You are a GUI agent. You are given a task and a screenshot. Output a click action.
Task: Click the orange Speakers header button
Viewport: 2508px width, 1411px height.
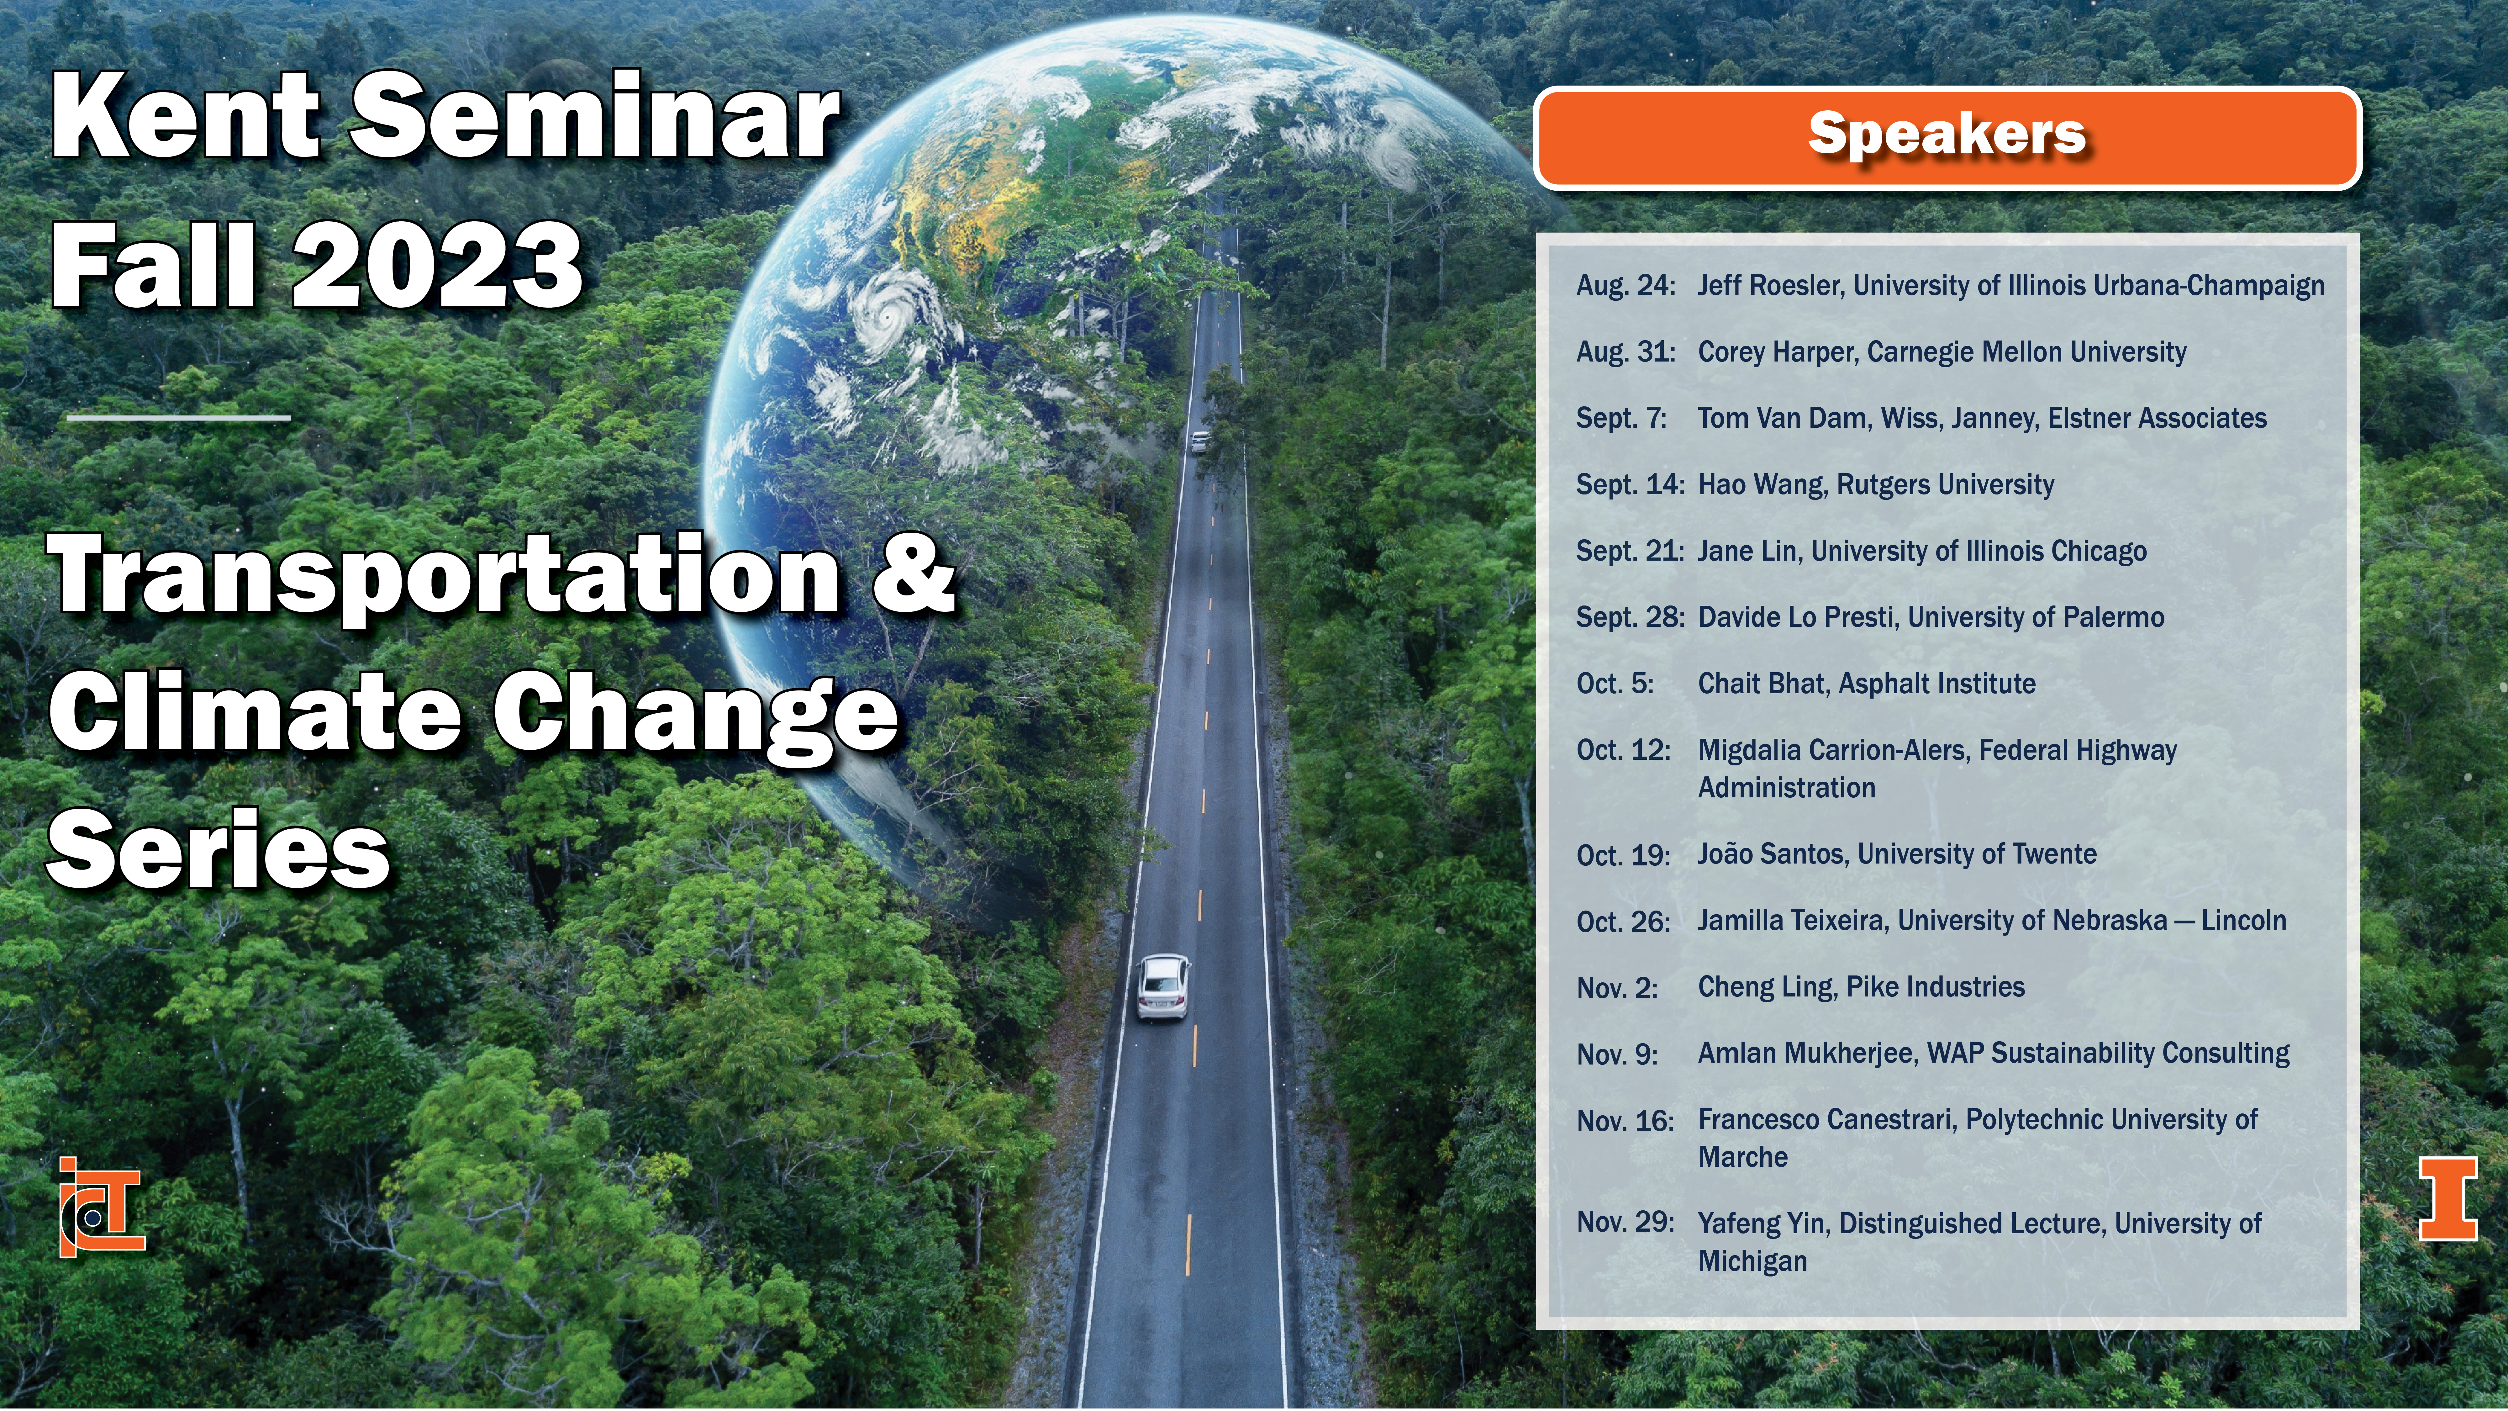tap(1947, 137)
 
